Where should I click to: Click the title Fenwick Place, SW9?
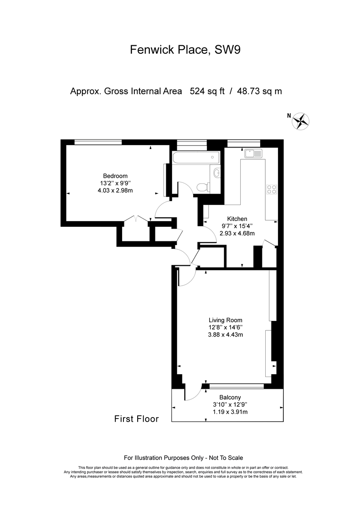pyautogui.click(x=185, y=49)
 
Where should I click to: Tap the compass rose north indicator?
pyautogui.click(x=301, y=121)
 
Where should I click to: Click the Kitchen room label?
pyautogui.click(x=237, y=219)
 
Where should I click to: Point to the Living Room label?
pyautogui.click(x=225, y=320)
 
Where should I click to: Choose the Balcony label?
pyautogui.click(x=230, y=397)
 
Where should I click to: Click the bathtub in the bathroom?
pyautogui.click(x=196, y=157)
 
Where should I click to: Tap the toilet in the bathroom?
pyautogui.click(x=204, y=187)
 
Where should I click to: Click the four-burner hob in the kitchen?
pyautogui.click(x=272, y=189)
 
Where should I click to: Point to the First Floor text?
pyautogui.click(x=136, y=419)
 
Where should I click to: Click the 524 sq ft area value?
pyautogui.click(x=207, y=91)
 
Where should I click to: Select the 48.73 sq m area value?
pyautogui.click(x=260, y=91)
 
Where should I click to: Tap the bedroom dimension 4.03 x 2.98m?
pyautogui.click(x=115, y=190)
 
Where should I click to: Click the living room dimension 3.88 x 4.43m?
pyautogui.click(x=225, y=334)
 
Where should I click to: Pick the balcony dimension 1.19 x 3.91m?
pyautogui.click(x=230, y=411)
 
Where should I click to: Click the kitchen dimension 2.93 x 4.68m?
pyautogui.click(x=237, y=233)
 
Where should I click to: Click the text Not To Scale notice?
pyautogui.click(x=226, y=458)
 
